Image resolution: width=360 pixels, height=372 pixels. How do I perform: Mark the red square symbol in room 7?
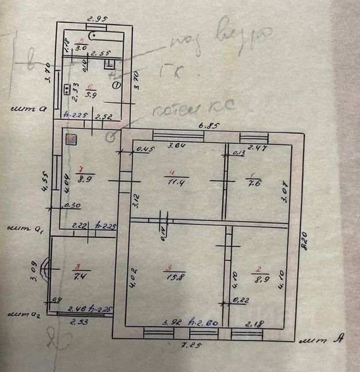(71, 139)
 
